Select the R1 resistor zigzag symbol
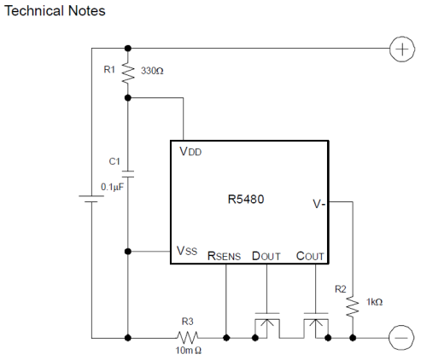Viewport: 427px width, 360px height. pyautogui.click(x=128, y=73)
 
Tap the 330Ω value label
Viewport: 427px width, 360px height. pyautogui.click(x=152, y=71)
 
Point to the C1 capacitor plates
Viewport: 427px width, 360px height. pyautogui.click(x=128, y=174)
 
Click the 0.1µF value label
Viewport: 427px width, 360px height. pyautogui.click(x=113, y=187)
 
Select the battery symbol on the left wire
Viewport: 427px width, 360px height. pyautogui.click(x=91, y=199)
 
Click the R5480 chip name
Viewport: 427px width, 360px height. pyautogui.click(x=246, y=199)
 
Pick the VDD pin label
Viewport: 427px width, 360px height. pyautogui.click(x=190, y=151)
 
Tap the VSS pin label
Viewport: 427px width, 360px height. pyautogui.click(x=187, y=251)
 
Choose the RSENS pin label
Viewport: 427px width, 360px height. pyautogui.click(x=224, y=256)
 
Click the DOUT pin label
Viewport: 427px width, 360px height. pyautogui.click(x=266, y=256)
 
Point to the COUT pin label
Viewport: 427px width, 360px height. pyautogui.click(x=310, y=256)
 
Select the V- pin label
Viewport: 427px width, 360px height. pyautogui.click(x=319, y=204)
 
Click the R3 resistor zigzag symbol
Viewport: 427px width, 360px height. pyautogui.click(x=187, y=338)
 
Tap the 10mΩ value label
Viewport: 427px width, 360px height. pyautogui.click(x=189, y=351)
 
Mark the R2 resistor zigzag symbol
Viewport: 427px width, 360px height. pyautogui.click(x=353, y=307)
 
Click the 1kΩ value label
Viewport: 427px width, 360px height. pyautogui.click(x=374, y=302)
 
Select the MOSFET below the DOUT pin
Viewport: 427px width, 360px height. pyautogui.click(x=267, y=326)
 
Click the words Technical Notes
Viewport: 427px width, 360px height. pyautogui.click(x=55, y=11)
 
